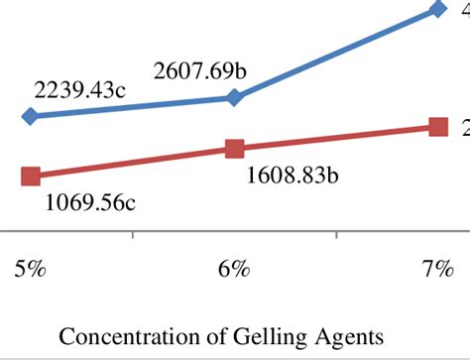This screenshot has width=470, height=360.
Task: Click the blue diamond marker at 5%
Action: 30,116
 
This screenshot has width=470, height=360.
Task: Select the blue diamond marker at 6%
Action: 234,97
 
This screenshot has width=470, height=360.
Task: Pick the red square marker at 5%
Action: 30,177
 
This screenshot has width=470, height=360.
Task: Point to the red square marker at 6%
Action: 234,149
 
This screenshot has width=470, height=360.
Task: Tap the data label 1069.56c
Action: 90,203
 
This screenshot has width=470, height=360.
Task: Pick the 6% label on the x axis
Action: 233,271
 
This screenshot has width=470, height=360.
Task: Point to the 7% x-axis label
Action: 437,271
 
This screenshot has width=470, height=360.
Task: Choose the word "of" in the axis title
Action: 193,336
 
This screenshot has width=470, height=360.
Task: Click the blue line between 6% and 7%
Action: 337,54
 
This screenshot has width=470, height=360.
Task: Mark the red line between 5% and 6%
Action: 132,163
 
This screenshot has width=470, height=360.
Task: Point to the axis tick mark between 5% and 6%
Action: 132,236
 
